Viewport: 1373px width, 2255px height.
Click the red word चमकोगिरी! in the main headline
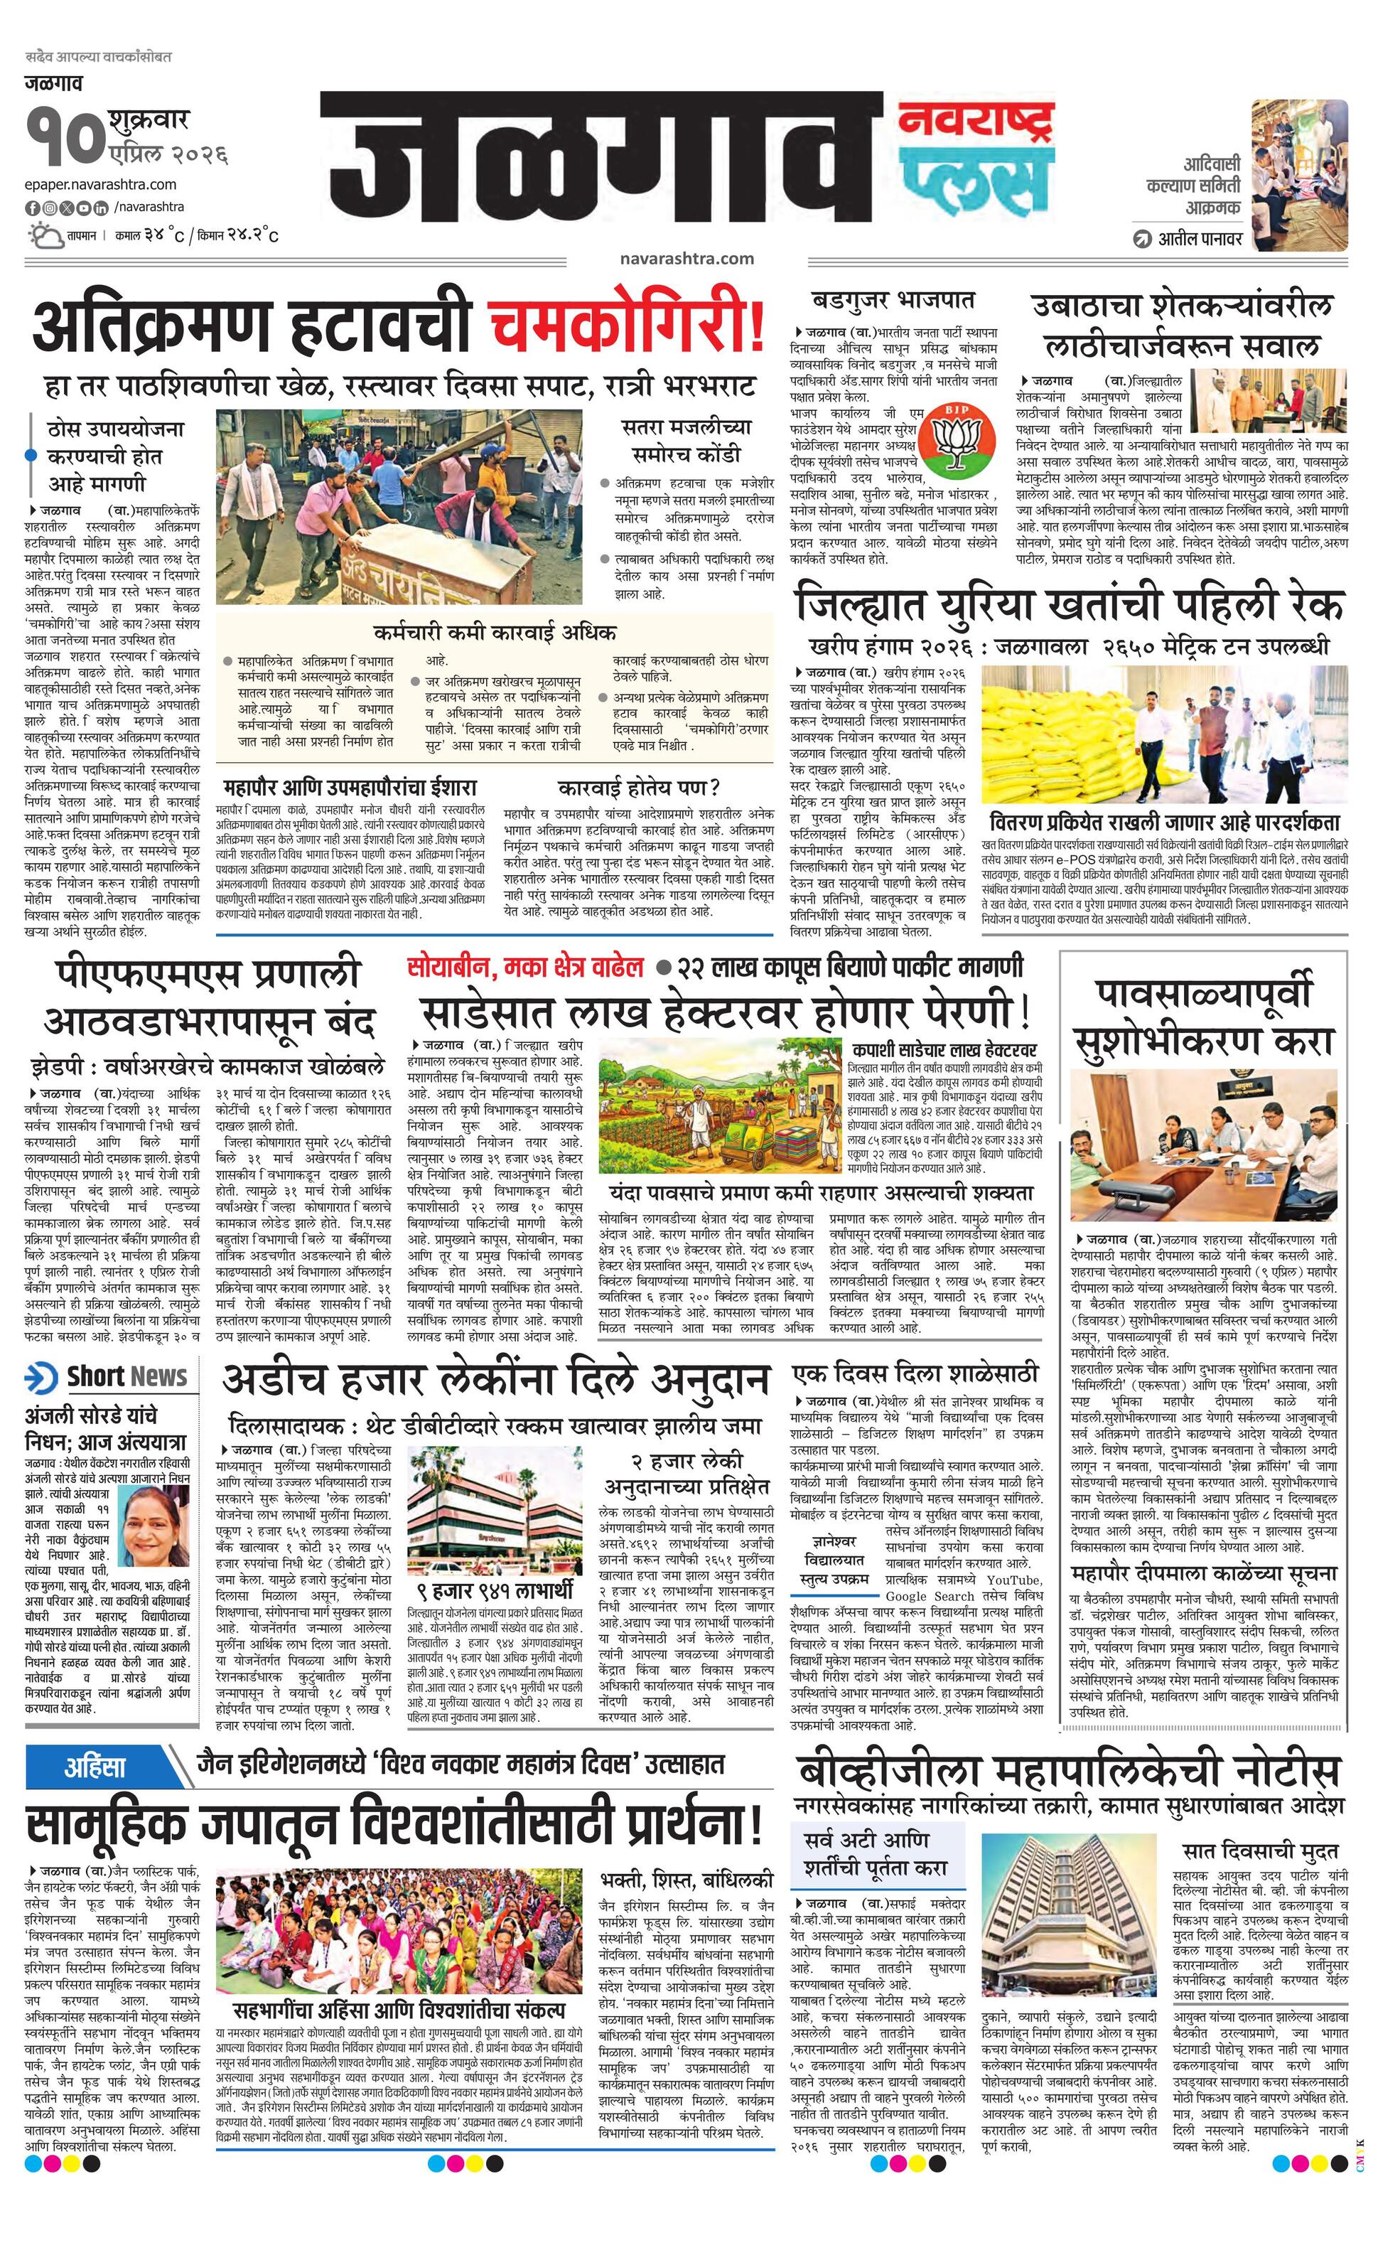coord(628,328)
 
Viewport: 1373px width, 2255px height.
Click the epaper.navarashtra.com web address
coord(101,185)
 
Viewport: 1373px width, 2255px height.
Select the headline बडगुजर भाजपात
coord(893,299)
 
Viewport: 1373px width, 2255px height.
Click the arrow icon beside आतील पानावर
coord(1141,240)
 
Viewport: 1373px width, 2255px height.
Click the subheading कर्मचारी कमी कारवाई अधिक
coord(494,633)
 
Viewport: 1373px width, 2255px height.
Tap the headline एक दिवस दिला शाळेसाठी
coord(915,1373)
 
